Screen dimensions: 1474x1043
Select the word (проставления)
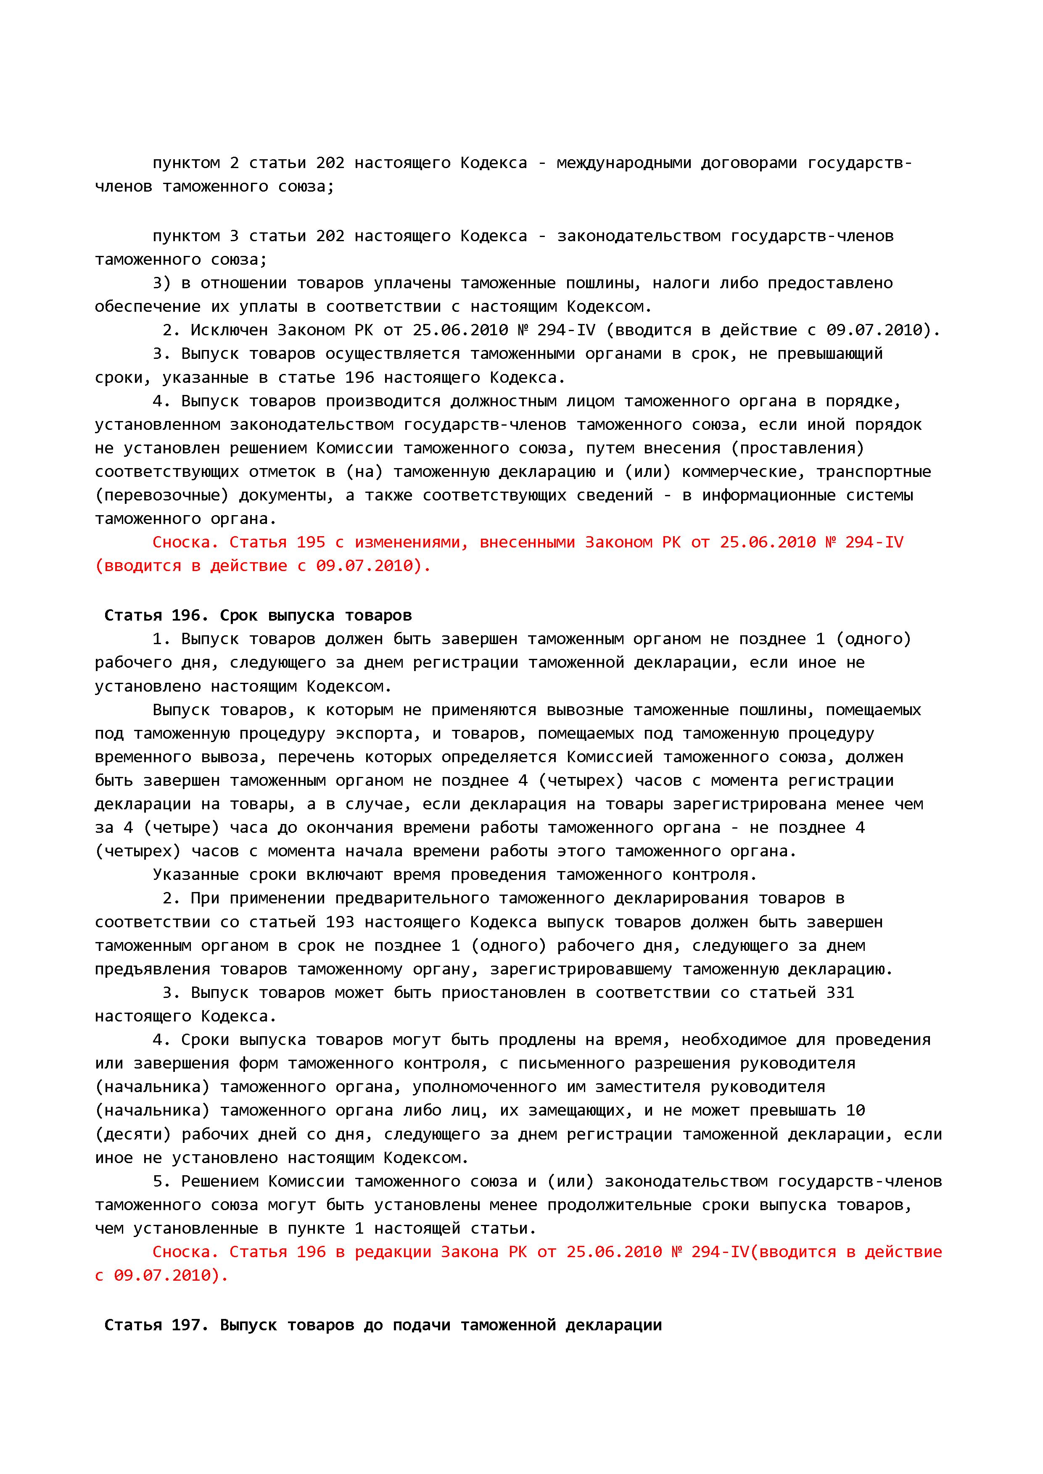(797, 447)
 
